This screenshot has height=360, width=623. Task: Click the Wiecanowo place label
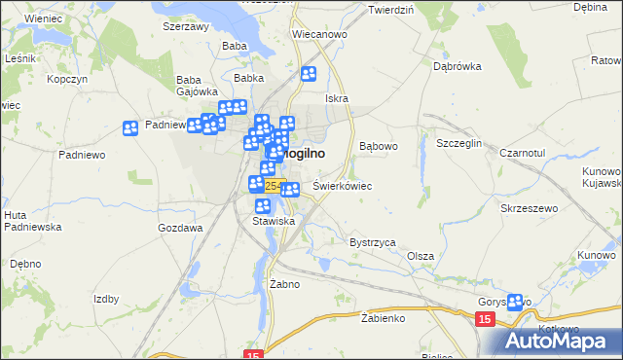(319, 34)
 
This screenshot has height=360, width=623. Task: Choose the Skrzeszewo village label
(529, 209)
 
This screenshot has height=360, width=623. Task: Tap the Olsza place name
(421, 255)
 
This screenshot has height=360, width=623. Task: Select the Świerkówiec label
(343, 185)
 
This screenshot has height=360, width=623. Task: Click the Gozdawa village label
(180, 227)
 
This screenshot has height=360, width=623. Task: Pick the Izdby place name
(106, 299)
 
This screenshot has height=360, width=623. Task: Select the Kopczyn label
(67, 78)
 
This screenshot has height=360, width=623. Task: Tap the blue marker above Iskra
(310, 73)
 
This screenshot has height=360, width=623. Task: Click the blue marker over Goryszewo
(515, 303)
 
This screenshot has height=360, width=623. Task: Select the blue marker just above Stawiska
(262, 206)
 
